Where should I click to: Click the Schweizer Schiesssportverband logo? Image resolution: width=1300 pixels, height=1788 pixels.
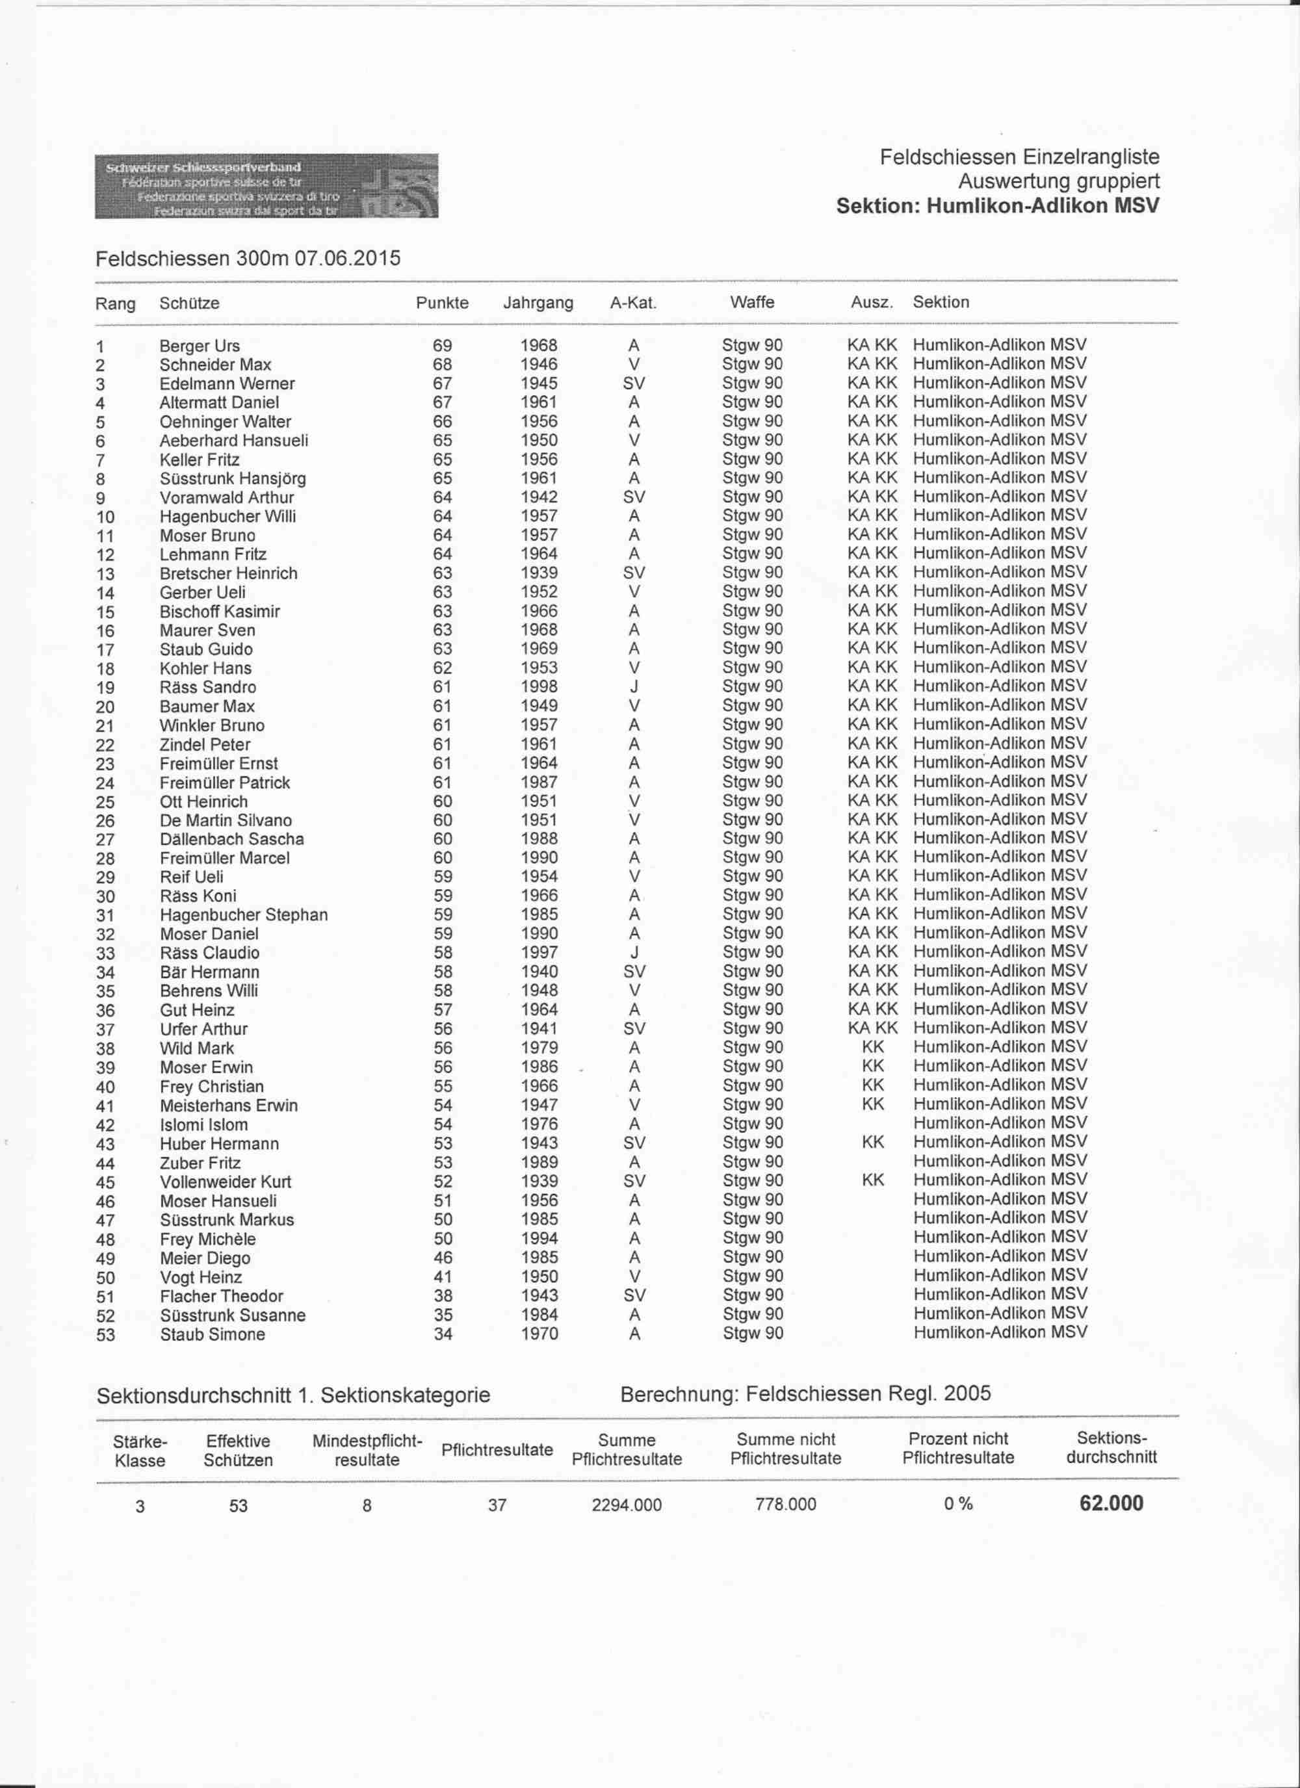point(266,186)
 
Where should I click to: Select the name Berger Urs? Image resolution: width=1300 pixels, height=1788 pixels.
point(200,346)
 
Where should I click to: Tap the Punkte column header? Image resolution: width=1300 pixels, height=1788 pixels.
point(441,303)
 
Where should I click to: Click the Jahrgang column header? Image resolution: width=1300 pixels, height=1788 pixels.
point(538,303)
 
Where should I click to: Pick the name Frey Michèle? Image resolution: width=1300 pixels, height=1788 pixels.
point(207,1239)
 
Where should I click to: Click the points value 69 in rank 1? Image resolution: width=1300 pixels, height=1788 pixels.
point(442,345)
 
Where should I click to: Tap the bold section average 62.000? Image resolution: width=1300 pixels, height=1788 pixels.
point(1111,1503)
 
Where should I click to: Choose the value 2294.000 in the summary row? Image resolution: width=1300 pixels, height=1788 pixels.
point(627,1505)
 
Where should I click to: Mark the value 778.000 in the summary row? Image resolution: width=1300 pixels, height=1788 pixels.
point(785,1504)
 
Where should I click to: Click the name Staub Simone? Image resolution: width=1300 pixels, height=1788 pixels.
point(212,1335)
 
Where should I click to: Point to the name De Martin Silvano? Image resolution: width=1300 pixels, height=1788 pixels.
point(226,821)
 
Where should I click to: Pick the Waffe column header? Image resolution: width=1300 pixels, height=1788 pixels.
point(752,302)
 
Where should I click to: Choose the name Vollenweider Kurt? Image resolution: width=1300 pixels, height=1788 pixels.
point(226,1182)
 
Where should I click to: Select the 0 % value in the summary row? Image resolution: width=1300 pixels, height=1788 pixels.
point(958,1504)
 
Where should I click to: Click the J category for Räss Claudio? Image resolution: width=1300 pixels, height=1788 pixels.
point(634,953)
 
